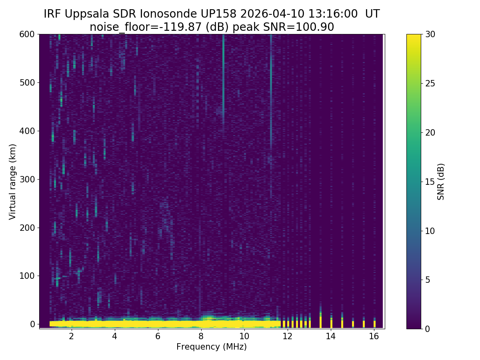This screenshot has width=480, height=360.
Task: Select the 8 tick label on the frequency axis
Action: [x=201, y=336]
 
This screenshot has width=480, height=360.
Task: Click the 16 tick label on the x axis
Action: [x=374, y=336]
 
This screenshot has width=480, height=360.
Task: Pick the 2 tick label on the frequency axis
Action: [x=72, y=336]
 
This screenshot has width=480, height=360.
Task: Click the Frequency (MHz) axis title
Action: [x=212, y=347]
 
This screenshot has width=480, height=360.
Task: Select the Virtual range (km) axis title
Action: [x=13, y=181]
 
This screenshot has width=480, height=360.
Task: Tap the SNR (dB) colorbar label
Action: [x=441, y=181]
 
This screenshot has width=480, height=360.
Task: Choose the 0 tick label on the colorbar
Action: [x=428, y=329]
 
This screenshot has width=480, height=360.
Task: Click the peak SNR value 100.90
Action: [x=319, y=27]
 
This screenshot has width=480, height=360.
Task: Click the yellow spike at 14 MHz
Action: [x=331, y=322]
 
